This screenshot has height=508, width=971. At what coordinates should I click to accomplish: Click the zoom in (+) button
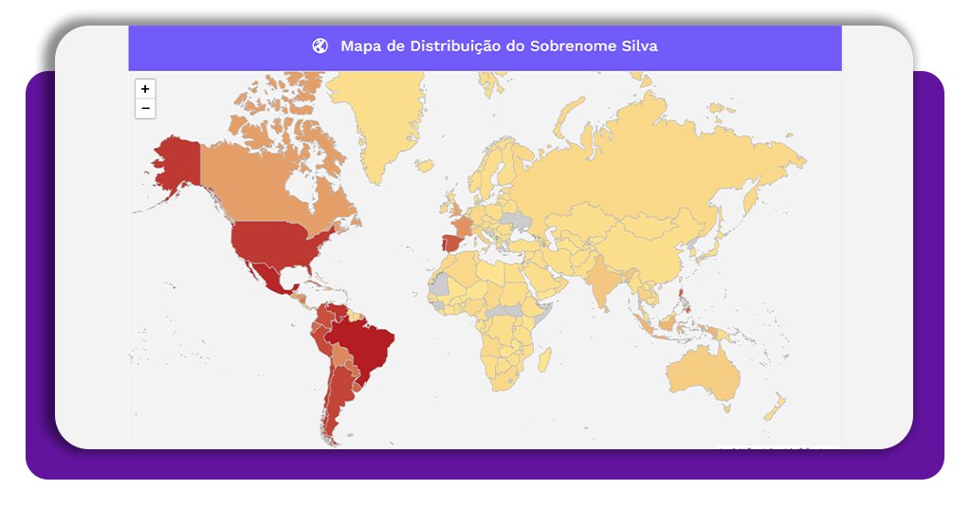pos(145,89)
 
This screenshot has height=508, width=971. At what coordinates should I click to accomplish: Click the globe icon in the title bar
pos(320,45)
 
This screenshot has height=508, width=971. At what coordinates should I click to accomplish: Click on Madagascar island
pos(544,360)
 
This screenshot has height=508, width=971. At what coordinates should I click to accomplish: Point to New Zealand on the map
pos(776,408)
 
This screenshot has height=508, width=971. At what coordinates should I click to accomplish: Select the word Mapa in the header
pos(361,45)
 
